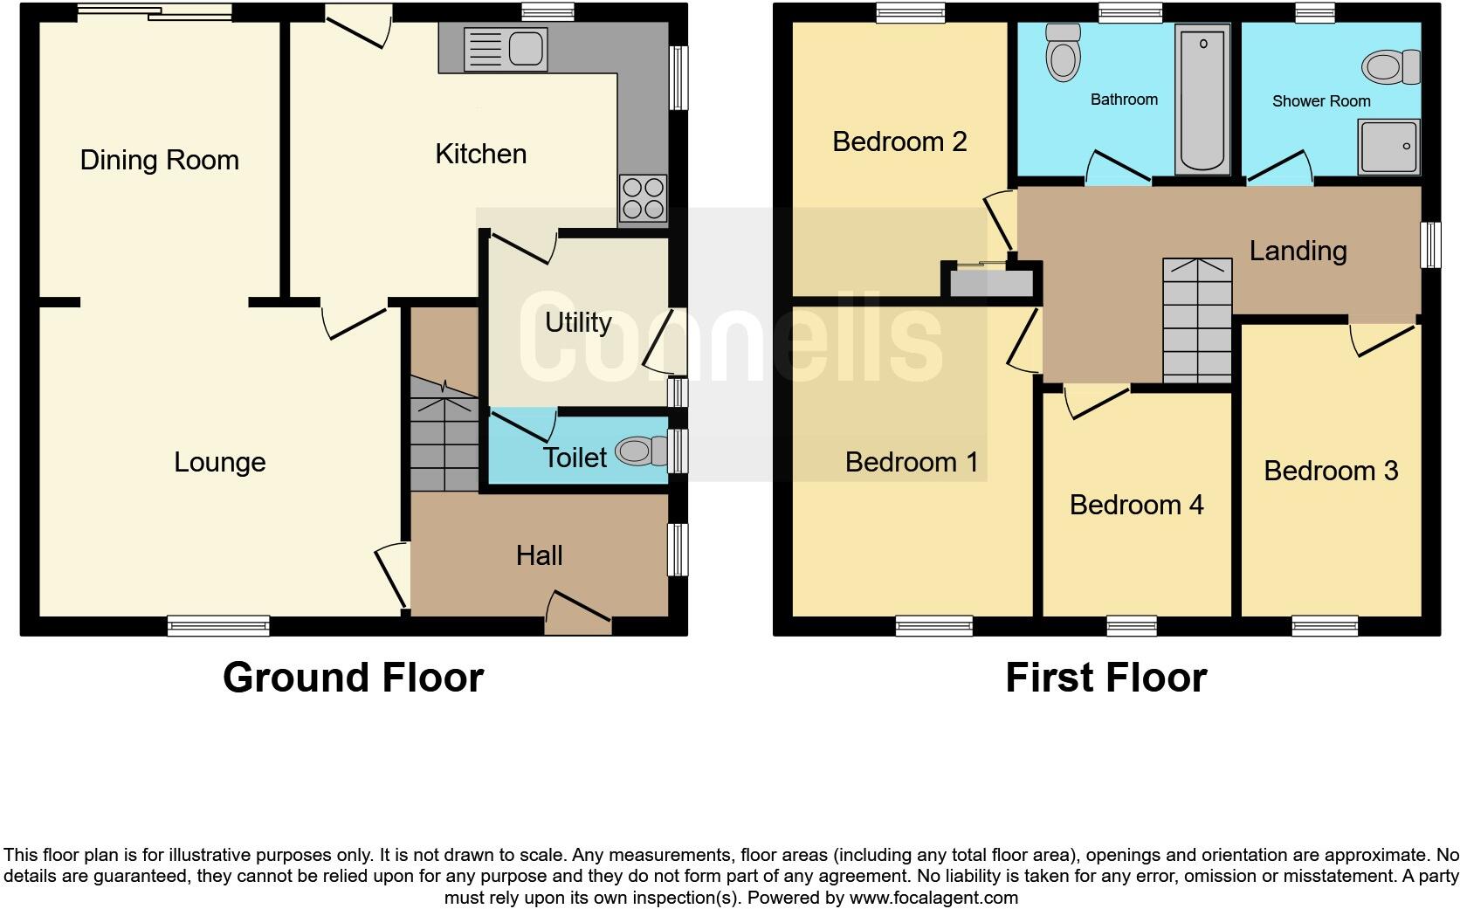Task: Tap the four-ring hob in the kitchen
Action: (x=643, y=198)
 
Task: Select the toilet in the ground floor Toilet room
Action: (x=636, y=451)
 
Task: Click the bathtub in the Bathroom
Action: (x=1202, y=98)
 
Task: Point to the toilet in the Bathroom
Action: (x=1063, y=52)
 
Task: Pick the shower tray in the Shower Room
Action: (x=1389, y=146)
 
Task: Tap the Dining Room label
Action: (x=159, y=160)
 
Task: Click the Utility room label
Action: (x=577, y=322)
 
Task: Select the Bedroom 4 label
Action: (x=1136, y=505)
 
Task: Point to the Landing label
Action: (x=1298, y=251)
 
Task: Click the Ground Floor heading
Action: (x=353, y=678)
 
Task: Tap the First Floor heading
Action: (x=1105, y=678)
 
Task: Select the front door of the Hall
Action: (x=577, y=613)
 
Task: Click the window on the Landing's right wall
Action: (x=1429, y=244)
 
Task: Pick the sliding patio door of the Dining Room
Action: (x=155, y=12)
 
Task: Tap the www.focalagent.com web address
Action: (x=933, y=898)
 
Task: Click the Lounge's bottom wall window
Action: (x=218, y=625)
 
